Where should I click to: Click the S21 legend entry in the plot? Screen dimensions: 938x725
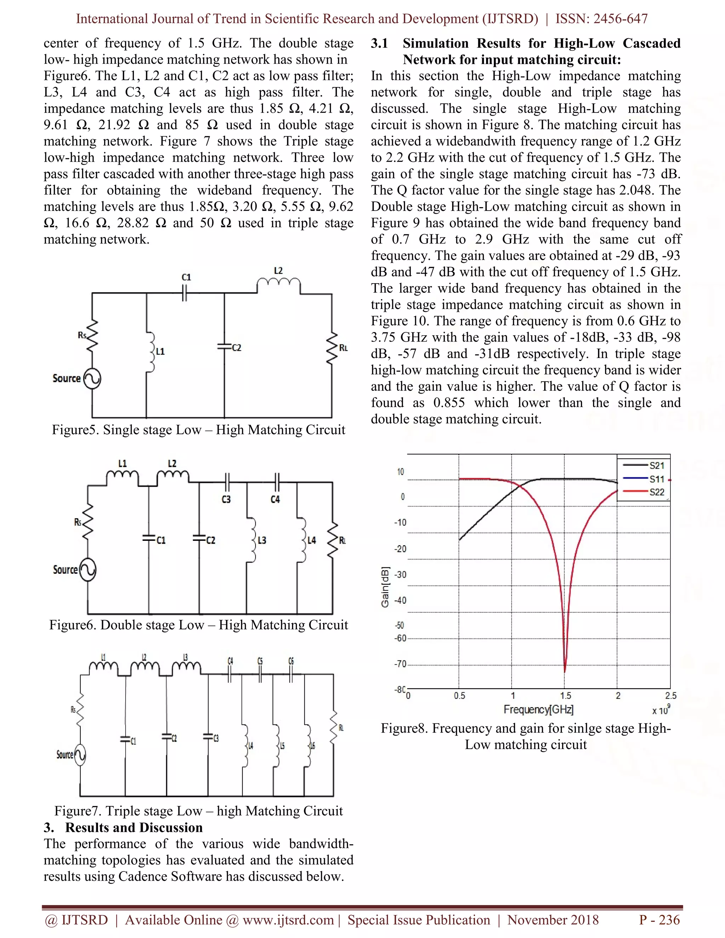[656, 465]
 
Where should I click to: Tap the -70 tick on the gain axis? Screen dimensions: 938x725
[400, 664]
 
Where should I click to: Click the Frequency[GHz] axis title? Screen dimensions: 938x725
[538, 709]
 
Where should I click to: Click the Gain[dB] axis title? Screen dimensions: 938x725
[385, 587]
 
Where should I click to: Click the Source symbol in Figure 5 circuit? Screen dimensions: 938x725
[92, 379]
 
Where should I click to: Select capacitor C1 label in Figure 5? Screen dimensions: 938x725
[186, 278]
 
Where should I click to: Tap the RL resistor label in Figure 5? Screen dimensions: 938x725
[343, 348]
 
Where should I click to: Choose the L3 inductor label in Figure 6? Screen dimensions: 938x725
[262, 540]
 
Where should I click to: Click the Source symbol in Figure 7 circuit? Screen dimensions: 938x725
[80, 755]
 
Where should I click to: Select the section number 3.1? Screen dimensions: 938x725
[379, 44]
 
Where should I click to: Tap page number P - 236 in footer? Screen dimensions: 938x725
[659, 920]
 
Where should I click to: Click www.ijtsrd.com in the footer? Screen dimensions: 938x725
[288, 920]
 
